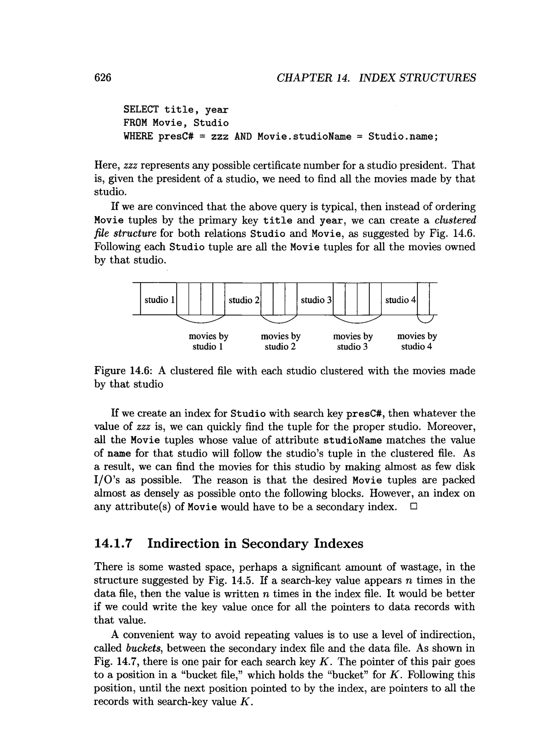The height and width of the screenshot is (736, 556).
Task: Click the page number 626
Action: (x=103, y=78)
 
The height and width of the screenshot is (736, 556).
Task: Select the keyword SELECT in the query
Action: (x=141, y=110)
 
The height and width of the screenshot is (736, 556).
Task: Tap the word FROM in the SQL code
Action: (x=135, y=123)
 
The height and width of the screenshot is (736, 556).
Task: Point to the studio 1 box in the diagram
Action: (x=159, y=300)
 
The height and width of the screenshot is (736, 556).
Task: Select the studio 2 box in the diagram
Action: (x=243, y=300)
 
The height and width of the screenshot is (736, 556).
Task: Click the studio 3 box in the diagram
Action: (x=315, y=300)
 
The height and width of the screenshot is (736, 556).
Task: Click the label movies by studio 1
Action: (x=208, y=341)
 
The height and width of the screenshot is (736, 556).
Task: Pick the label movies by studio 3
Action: (x=353, y=341)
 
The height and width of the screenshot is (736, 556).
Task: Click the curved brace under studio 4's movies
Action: (x=425, y=320)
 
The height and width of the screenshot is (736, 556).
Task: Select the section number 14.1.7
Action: (x=113, y=543)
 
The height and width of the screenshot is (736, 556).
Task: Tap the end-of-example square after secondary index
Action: (x=413, y=507)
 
